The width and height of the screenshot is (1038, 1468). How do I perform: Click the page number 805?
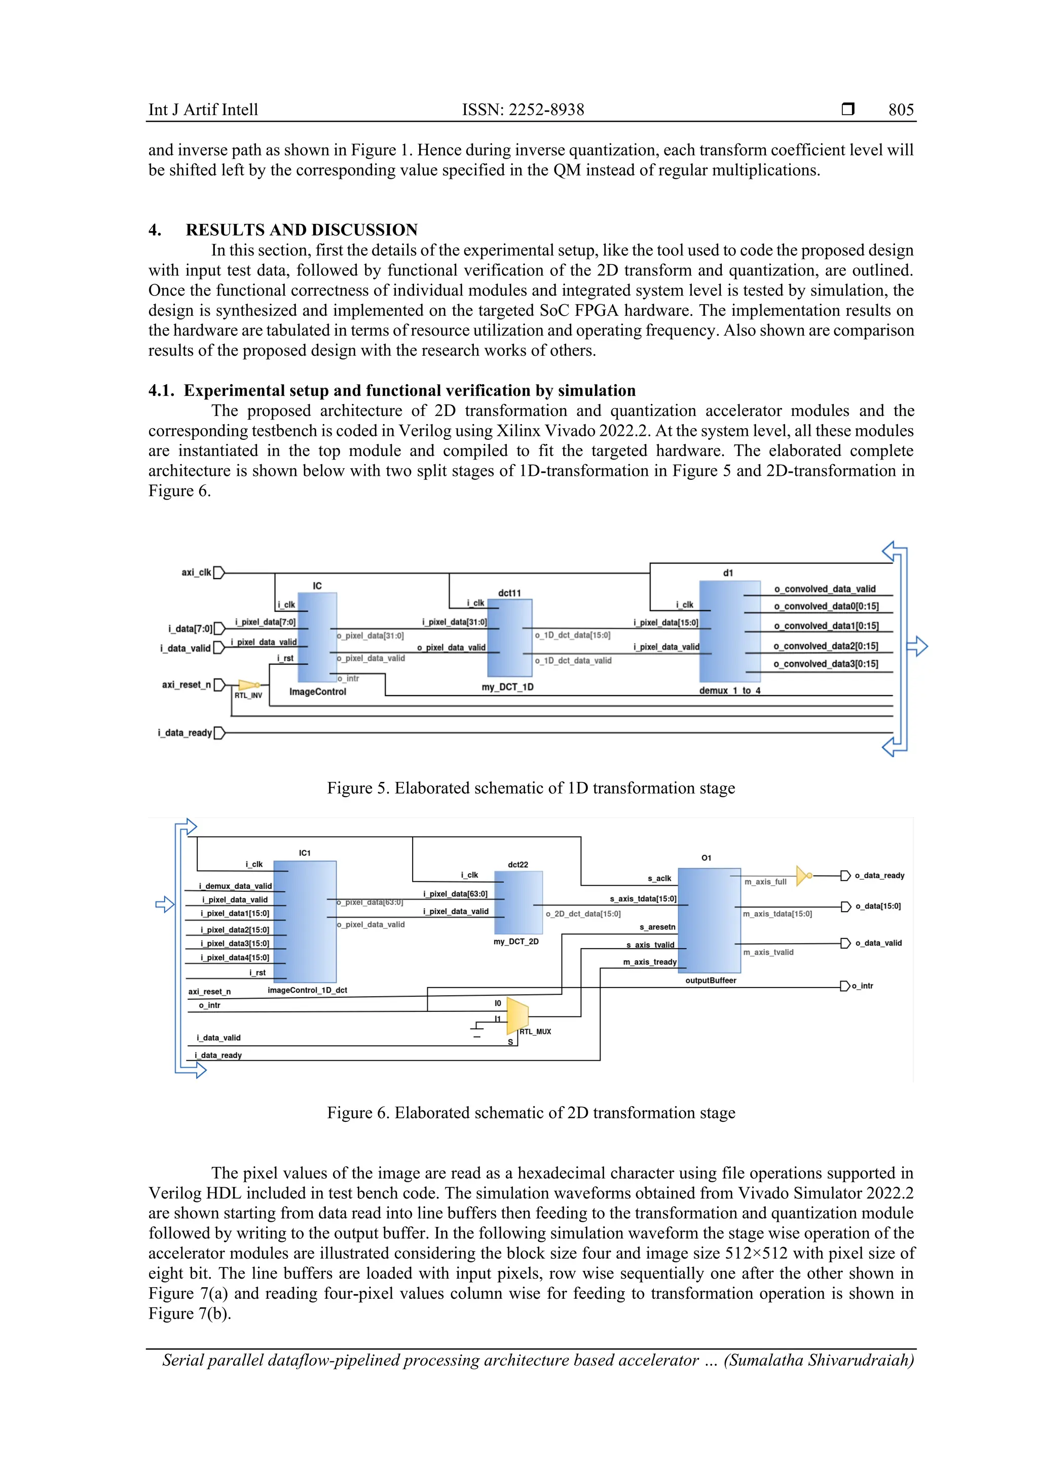pyautogui.click(x=901, y=109)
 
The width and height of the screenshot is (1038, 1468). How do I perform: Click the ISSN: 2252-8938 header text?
pyautogui.click(x=523, y=109)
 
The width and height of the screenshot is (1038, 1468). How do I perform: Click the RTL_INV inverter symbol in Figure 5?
pyautogui.click(x=247, y=685)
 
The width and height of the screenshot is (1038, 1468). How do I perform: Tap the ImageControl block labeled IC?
pyautogui.click(x=317, y=637)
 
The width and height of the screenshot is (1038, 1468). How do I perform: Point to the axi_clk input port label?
pyautogui.click(x=196, y=572)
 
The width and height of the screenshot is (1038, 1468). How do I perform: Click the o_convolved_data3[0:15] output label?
pyautogui.click(x=825, y=664)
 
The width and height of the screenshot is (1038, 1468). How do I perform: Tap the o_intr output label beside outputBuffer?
pyautogui.click(x=864, y=986)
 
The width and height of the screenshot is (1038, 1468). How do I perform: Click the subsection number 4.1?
pyautogui.click(x=161, y=391)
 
